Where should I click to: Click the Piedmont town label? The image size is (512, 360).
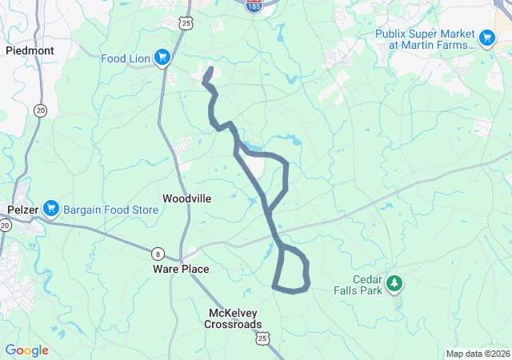point(30,50)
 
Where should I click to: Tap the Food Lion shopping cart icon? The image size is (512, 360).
point(162,57)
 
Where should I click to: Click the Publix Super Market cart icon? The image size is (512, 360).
point(486,38)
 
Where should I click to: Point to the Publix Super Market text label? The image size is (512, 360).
point(426,39)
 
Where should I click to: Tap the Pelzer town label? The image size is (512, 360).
point(22,209)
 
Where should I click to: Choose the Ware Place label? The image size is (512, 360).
point(181,270)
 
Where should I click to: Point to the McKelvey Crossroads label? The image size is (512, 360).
point(233,318)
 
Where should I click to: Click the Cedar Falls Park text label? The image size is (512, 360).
point(357,285)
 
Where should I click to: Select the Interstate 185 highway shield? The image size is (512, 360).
point(252,6)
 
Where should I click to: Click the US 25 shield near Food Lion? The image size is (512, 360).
point(186,24)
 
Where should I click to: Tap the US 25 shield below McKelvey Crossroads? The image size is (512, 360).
point(263,340)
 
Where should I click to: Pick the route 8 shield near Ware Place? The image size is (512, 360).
point(158,254)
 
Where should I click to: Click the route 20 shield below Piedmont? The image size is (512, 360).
point(40,110)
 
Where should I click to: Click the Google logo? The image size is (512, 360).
point(26,350)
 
